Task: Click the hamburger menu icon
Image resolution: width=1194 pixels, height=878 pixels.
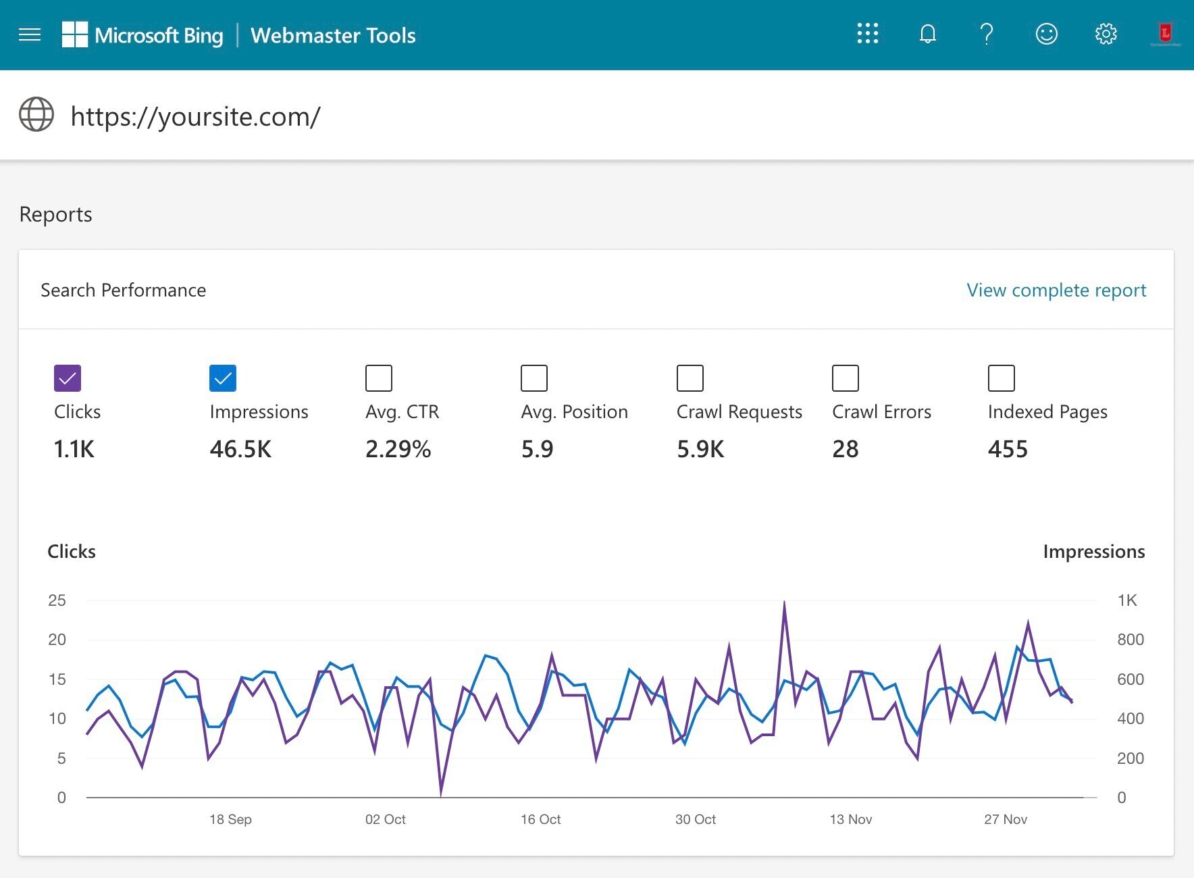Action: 30,34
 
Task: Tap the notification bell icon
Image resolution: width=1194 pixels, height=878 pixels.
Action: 927,34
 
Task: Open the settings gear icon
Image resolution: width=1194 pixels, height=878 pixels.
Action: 1106,34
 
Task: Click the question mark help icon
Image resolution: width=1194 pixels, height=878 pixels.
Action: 987,34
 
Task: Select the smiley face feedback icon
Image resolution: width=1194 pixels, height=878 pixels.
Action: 1046,34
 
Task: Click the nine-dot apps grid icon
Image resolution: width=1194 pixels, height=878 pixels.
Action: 868,34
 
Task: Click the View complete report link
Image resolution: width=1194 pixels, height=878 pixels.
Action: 1056,290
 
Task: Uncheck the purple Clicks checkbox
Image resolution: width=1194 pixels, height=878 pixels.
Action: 68,378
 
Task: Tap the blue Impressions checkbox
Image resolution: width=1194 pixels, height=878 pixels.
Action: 223,378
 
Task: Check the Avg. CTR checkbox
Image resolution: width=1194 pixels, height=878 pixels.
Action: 379,378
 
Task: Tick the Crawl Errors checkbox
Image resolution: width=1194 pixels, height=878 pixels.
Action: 846,378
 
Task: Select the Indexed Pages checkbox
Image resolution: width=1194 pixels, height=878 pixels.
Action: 1001,378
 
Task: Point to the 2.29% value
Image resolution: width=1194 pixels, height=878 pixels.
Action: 398,449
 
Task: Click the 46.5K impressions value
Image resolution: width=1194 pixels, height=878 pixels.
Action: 240,449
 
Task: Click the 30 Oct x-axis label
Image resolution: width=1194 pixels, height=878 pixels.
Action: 696,819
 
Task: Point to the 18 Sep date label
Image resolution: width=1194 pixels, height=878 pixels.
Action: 230,819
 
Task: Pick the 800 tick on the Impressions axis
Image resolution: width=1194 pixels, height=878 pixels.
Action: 1130,640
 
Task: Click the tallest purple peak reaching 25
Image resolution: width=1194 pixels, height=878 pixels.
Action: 784,603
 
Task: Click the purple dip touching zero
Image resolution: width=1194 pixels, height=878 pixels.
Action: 441,794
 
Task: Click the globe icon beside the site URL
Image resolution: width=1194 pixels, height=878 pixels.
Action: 36,114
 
